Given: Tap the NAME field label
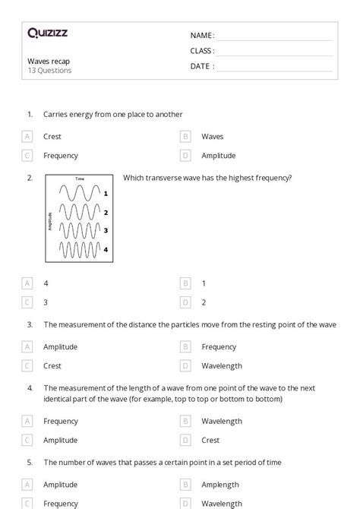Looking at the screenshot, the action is [202, 36].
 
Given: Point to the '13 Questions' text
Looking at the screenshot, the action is [49, 71].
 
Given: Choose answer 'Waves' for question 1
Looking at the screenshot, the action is [212, 137].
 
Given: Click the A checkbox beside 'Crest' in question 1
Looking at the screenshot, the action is [27, 137].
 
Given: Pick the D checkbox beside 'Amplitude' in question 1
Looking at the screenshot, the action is [185, 156].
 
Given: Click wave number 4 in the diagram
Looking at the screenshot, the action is [80, 248].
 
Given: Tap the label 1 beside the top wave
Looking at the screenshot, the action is [106, 194].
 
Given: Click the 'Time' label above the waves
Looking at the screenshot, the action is [80, 179].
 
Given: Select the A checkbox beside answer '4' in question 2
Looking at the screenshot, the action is [27, 283].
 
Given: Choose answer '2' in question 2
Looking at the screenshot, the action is [204, 302].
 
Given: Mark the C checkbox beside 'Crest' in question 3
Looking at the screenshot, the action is [27, 365].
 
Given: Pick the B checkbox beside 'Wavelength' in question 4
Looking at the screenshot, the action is [185, 421].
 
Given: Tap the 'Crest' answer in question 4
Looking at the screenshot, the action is [210, 440].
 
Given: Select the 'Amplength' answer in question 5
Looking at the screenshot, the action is [220, 485].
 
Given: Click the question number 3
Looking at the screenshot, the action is [30, 324].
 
